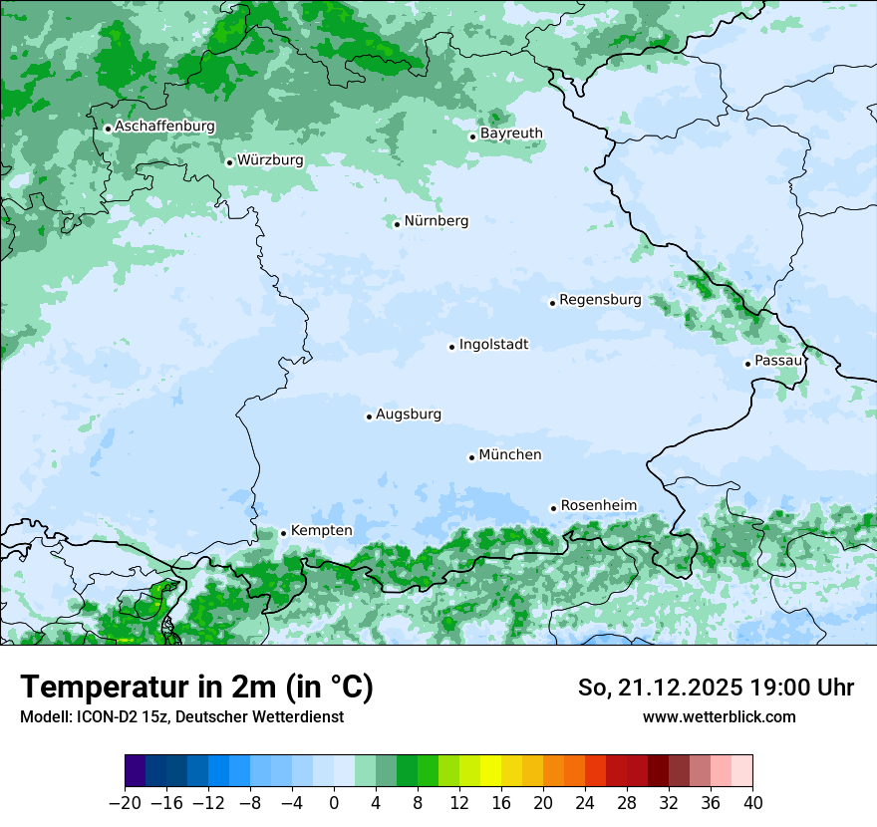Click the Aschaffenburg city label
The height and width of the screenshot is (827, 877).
(x=164, y=127)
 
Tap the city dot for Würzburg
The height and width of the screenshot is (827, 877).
(x=229, y=162)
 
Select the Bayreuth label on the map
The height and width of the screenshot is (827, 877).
(x=511, y=134)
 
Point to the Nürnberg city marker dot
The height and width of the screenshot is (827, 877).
(x=397, y=224)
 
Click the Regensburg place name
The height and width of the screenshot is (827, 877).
(x=600, y=300)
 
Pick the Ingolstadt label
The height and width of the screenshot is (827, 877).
(x=493, y=345)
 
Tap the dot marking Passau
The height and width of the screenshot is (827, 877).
(x=747, y=364)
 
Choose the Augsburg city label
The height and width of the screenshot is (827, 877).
(x=409, y=414)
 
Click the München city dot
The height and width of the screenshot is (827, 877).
(x=471, y=457)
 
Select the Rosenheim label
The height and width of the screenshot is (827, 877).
(x=598, y=506)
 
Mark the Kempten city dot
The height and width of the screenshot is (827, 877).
(x=283, y=533)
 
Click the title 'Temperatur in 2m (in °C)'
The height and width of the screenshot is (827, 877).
(x=196, y=688)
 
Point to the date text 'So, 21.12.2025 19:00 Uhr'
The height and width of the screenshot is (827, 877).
(x=716, y=688)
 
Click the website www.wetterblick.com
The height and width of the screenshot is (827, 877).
(x=719, y=716)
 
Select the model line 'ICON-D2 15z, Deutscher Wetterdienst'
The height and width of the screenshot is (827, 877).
(x=181, y=716)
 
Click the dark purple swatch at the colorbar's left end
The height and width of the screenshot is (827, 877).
(x=136, y=771)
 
